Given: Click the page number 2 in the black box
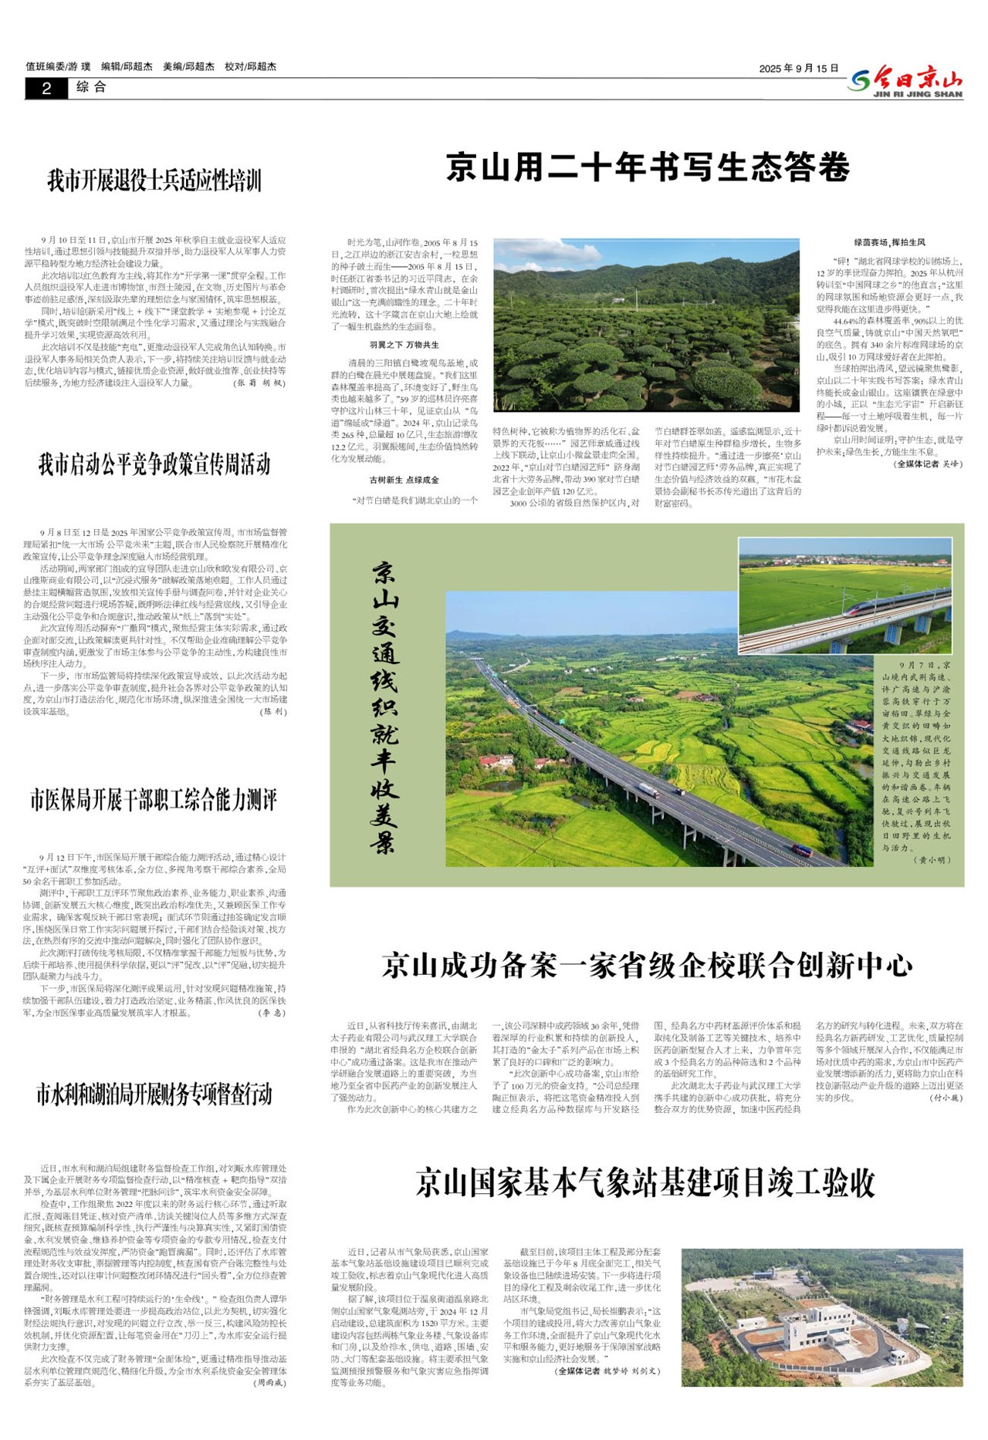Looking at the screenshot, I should tap(46, 89).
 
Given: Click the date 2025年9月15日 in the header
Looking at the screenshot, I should tap(798, 69).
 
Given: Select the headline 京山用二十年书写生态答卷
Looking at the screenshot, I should tap(648, 167).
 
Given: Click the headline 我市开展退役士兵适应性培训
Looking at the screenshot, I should tap(154, 181).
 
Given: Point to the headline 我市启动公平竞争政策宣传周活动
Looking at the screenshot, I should tap(154, 464).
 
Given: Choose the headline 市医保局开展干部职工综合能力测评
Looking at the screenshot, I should tap(154, 800).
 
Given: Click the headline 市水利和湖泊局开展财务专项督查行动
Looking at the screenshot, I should tap(154, 1094).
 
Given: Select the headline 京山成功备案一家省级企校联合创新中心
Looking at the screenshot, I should tap(648, 966).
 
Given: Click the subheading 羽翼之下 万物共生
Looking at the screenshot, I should tap(404, 345).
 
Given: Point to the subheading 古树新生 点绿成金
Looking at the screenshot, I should tap(404, 480).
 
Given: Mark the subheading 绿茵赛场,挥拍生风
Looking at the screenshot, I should tap(889, 242).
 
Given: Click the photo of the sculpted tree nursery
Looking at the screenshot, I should tap(646, 325).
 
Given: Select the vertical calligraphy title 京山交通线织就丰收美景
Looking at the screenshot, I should tap(384, 707).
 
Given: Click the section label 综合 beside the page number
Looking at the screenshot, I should tap(91, 88).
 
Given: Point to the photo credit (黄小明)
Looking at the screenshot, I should tap(932, 859).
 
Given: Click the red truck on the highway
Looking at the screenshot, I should tap(801, 852).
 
